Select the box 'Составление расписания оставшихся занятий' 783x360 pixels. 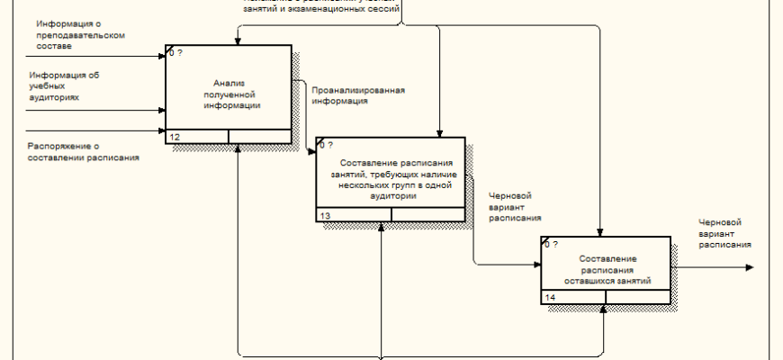point(606,269)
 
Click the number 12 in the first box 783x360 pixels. point(175,137)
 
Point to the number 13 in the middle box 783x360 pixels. point(326,215)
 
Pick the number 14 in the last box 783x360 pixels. point(550,298)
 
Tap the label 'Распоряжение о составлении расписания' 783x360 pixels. point(83,151)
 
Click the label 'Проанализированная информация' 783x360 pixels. point(357,95)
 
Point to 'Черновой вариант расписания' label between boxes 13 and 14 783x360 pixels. point(515,206)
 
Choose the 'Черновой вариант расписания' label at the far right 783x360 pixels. point(724,232)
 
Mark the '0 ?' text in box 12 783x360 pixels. point(176,53)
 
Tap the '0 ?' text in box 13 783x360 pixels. point(326,145)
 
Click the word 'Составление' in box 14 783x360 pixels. point(607,258)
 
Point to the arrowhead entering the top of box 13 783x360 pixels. point(438,132)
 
